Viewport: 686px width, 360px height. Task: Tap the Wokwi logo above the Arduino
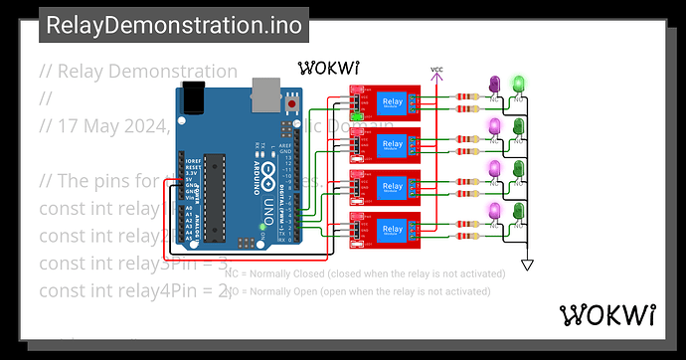click(329, 68)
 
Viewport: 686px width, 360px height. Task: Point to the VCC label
click(436, 70)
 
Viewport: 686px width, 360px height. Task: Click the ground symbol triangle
click(528, 265)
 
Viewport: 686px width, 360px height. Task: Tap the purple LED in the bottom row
click(494, 210)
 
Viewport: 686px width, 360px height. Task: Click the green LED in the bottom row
click(517, 210)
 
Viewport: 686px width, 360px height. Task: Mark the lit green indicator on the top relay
click(355, 115)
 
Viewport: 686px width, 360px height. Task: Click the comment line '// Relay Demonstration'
click(138, 72)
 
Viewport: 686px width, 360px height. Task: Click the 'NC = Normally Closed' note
click(365, 272)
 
